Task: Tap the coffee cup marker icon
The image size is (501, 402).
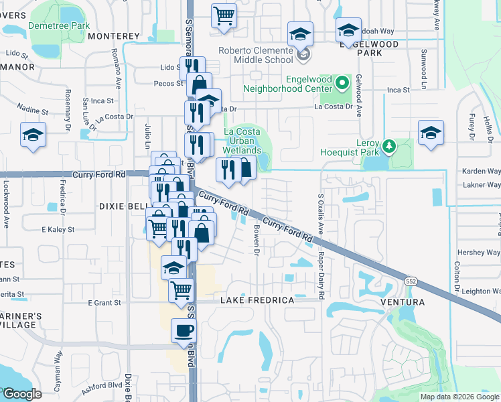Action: coord(184,330)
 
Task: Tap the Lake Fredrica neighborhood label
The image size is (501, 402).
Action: coord(257,300)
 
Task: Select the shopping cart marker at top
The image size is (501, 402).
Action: coord(224,15)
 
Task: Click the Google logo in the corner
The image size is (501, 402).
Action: coord(21,393)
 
